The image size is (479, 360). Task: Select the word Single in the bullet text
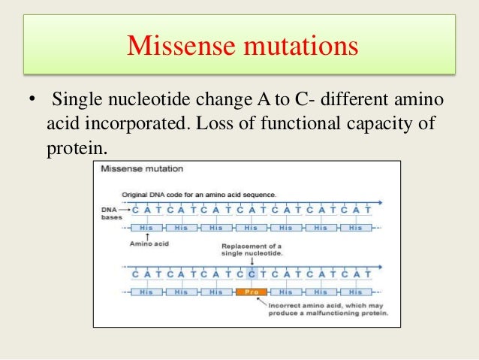pos(76,100)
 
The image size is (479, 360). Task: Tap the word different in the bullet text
pos(355,100)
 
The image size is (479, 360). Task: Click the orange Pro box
pos(250,292)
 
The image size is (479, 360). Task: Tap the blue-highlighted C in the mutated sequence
pos(252,274)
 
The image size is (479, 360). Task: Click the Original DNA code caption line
pos(203,195)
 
